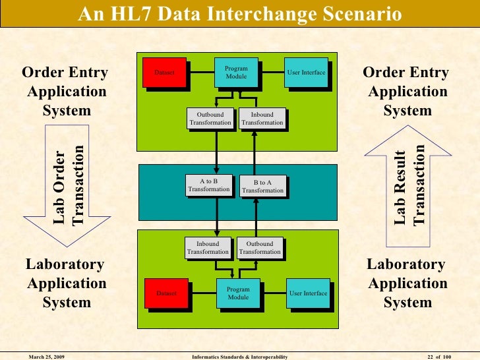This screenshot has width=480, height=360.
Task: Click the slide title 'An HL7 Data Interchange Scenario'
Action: tap(239, 13)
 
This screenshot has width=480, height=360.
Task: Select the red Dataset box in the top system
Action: tap(164, 72)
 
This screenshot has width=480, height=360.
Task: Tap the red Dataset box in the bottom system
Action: tap(166, 293)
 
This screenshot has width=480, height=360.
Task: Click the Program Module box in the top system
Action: tap(236, 73)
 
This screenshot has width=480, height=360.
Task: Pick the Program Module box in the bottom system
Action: tap(238, 293)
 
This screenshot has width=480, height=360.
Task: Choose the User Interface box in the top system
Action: tap(306, 72)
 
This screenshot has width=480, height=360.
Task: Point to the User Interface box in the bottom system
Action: tap(308, 293)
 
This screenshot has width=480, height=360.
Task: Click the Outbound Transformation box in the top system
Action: tap(210, 119)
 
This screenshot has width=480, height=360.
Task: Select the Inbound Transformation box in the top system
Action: tap(262, 119)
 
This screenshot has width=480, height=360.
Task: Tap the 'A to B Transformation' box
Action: tap(208, 185)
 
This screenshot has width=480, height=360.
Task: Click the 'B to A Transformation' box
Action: tap(262, 187)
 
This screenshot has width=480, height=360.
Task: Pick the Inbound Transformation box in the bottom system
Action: tap(208, 248)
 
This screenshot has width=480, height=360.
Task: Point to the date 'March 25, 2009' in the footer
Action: tap(46, 356)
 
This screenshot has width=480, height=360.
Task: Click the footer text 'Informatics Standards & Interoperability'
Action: tap(239, 356)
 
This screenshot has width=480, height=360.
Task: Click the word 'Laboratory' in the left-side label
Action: tap(65, 264)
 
